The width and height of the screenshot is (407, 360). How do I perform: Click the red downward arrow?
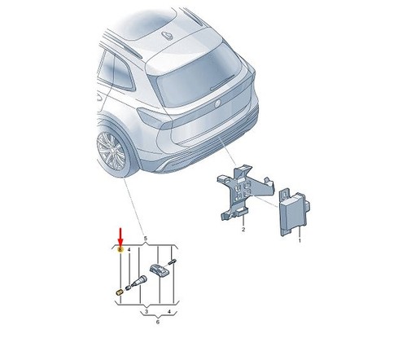pos(120,237)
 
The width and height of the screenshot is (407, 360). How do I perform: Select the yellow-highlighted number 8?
pos(120,249)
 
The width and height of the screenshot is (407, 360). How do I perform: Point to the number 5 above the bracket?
pos(146,239)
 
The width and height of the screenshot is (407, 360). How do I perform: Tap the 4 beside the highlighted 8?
pos(129,249)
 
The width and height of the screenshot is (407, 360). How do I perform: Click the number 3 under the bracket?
pos(147,311)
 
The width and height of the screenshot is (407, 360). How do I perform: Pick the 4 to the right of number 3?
pos(169,311)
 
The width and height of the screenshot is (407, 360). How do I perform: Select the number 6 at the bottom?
pos(158,322)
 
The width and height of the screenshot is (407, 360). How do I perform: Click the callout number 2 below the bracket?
pos(243,230)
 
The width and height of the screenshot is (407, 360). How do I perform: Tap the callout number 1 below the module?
pos(300,240)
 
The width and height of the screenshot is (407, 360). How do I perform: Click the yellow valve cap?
pos(120,292)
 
